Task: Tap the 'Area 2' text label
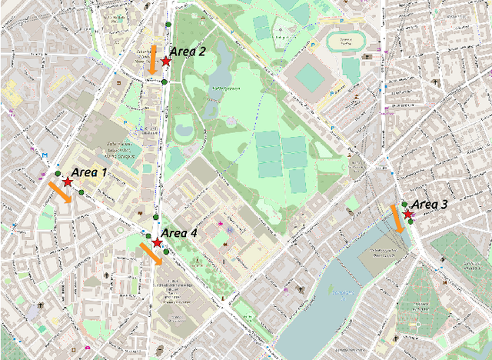pyautogui.click(x=188, y=52)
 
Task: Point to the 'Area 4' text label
pyautogui.click(x=179, y=233)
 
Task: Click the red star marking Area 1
pyautogui.click(x=68, y=182)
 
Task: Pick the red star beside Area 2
pyautogui.click(x=165, y=61)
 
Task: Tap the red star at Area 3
pyautogui.click(x=407, y=214)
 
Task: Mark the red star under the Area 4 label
pyautogui.click(x=157, y=243)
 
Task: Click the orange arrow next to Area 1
pyautogui.click(x=61, y=192)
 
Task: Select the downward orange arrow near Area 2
pyautogui.click(x=153, y=61)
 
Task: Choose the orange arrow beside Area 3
pyautogui.click(x=397, y=218)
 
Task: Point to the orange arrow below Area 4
pyautogui.click(x=151, y=254)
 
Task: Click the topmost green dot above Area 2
pyautogui.click(x=168, y=25)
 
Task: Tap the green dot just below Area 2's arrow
pyautogui.click(x=165, y=81)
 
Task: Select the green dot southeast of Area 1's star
pyautogui.click(x=82, y=192)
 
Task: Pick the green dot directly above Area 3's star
pyautogui.click(x=404, y=205)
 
